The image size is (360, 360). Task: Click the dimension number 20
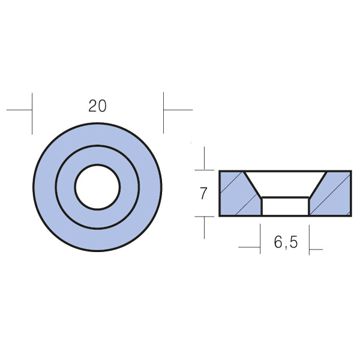97,106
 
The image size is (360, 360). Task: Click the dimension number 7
203,194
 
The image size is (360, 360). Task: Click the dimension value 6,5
286,242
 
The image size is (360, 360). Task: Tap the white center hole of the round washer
97,187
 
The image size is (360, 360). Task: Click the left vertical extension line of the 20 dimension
32,113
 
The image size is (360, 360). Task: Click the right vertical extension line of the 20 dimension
163,113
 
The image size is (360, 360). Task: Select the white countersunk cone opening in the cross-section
285,184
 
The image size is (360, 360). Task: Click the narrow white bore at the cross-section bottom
286,206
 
